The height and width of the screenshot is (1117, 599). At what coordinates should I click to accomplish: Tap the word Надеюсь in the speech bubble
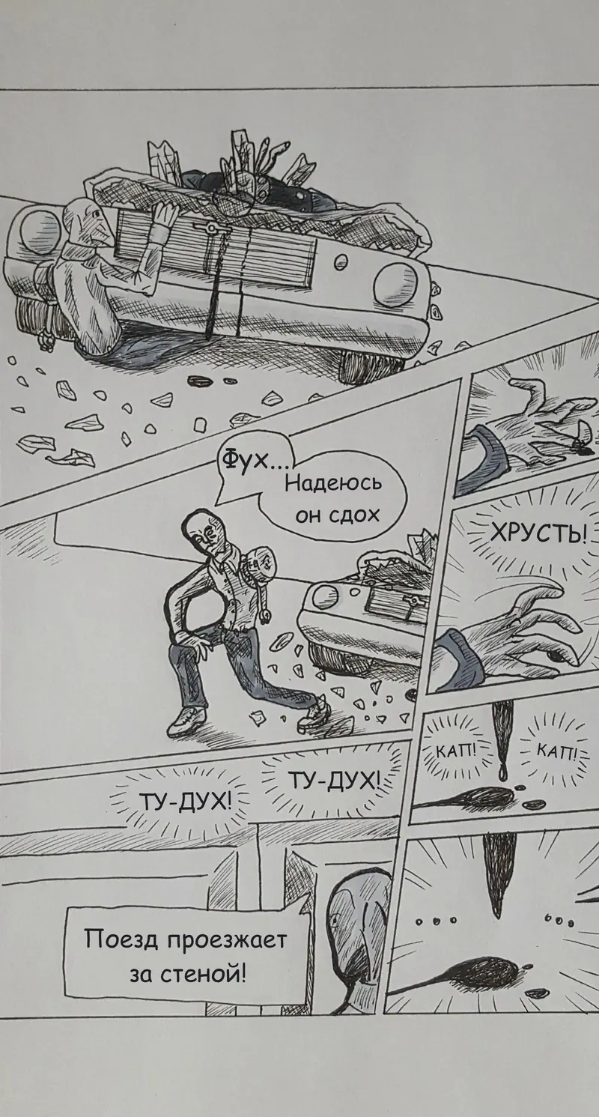pyautogui.click(x=333, y=484)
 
